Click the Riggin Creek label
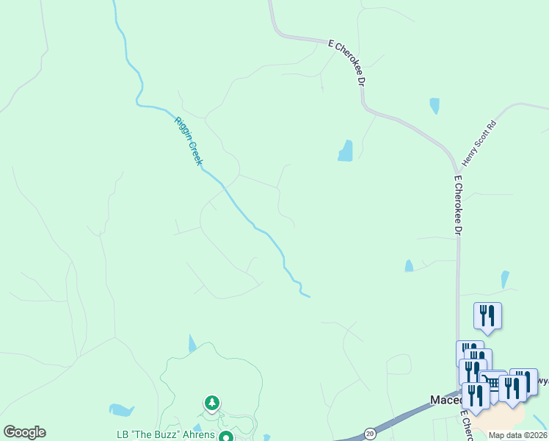point(188,140)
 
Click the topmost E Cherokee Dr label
point(347,65)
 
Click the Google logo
point(24,432)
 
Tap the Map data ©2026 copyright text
point(517,435)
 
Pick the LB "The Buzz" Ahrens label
point(166,434)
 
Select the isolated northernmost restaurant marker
point(487,315)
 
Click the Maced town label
point(443,400)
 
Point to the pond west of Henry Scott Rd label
point(345,151)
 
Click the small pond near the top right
point(435,106)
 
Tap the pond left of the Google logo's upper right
point(121,409)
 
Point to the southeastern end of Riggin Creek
point(307,295)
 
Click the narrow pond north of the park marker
point(192,343)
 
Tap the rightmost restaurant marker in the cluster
point(523,381)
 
